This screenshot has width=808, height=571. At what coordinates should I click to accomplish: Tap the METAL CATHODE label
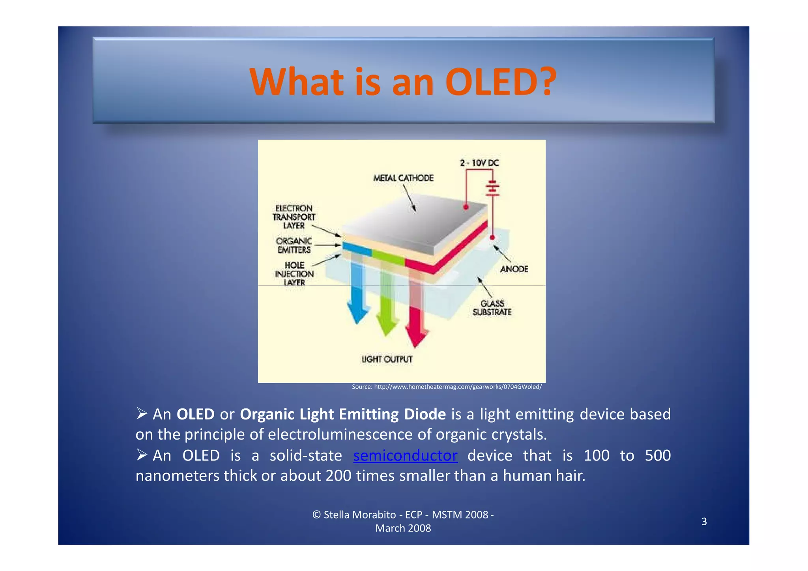point(403,178)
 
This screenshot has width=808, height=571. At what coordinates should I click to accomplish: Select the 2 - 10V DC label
point(479,163)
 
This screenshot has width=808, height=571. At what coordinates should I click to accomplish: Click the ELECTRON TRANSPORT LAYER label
point(294,217)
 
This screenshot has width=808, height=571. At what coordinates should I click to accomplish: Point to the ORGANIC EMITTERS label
point(294,245)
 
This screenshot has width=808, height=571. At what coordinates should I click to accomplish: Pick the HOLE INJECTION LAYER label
point(294,274)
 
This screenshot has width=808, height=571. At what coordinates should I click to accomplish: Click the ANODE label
point(514,269)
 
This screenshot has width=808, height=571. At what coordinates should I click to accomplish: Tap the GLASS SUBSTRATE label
point(492,308)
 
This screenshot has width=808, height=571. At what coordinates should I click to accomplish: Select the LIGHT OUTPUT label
point(387,359)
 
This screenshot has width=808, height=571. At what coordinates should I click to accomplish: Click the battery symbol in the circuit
point(492,189)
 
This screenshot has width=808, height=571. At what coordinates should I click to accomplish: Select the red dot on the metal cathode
point(466,207)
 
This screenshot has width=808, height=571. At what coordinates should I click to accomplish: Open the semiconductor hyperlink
point(405,456)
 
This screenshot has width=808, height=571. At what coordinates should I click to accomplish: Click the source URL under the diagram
point(447,387)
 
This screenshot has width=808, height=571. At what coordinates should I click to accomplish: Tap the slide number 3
point(704,522)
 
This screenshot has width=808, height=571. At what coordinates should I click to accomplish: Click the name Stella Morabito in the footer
point(359,515)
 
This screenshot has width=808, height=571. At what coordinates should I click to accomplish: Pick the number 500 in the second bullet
point(657,456)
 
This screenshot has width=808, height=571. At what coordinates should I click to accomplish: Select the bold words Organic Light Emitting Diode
point(342,414)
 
